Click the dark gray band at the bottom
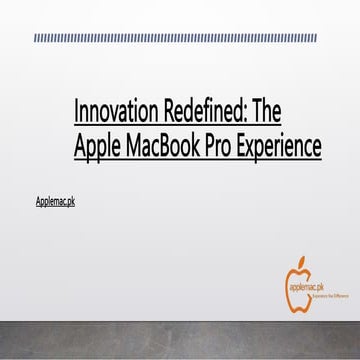(180, 340)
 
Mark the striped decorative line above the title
(180, 39)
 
